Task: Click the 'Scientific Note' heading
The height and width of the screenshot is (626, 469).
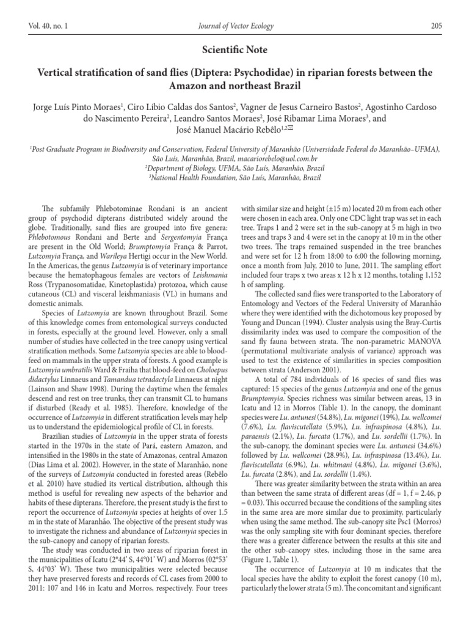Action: (x=234, y=50)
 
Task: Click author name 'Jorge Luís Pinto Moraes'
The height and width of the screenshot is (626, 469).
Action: (x=79, y=106)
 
